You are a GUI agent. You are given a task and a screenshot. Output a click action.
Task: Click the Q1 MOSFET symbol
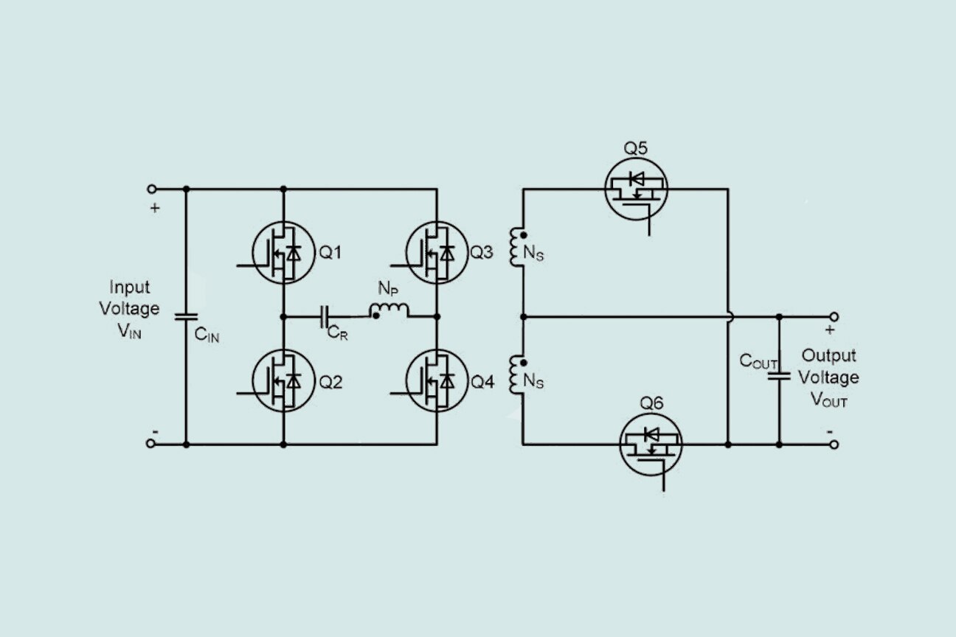(x=283, y=253)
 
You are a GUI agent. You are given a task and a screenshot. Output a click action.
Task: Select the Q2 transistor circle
(x=283, y=381)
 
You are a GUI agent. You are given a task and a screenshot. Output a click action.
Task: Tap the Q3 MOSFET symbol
(x=437, y=253)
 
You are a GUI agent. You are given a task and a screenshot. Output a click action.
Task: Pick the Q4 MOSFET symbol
(x=437, y=381)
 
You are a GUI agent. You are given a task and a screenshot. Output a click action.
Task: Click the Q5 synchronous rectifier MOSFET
(x=636, y=189)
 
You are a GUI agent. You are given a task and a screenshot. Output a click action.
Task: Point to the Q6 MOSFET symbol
(x=651, y=445)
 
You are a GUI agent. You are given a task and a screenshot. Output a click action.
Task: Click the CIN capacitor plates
(x=185, y=318)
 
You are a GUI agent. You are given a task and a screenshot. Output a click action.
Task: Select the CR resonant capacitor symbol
(x=325, y=317)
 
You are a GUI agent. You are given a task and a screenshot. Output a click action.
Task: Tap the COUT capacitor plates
(x=779, y=376)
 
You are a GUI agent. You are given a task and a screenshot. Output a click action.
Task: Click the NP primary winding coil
(x=389, y=310)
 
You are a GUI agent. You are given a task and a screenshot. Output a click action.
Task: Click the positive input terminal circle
(x=151, y=189)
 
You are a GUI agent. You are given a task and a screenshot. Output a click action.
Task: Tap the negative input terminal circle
(x=151, y=444)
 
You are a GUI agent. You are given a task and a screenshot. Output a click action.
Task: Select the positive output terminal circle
(x=834, y=317)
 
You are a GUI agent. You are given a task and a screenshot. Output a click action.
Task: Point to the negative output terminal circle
(x=834, y=445)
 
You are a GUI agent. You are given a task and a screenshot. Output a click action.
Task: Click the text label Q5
(x=636, y=148)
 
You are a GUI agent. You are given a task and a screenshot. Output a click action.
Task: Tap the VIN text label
(x=129, y=331)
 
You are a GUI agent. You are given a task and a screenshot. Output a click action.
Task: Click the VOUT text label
(x=829, y=400)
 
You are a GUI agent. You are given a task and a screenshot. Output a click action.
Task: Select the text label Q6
(x=651, y=403)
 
